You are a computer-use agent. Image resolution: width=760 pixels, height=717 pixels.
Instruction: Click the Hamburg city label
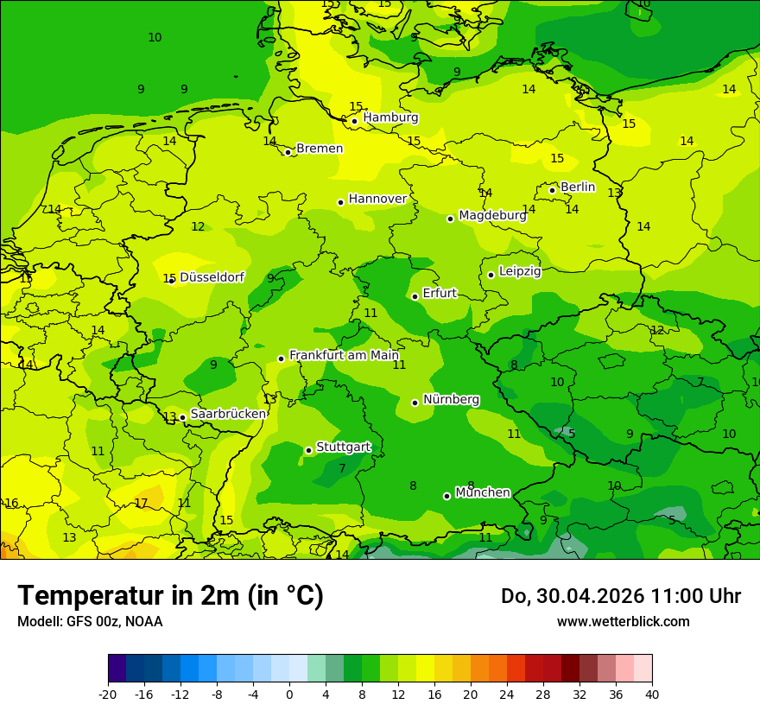click(x=390, y=117)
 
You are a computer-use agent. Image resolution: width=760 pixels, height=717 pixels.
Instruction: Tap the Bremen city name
click(x=320, y=149)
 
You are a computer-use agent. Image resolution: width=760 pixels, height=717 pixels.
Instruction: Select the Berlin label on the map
click(x=578, y=187)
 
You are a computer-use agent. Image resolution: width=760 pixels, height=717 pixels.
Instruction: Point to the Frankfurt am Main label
click(x=344, y=355)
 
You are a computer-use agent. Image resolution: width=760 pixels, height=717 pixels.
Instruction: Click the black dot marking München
click(x=446, y=496)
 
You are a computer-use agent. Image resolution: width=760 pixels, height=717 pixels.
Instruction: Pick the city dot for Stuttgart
click(x=308, y=450)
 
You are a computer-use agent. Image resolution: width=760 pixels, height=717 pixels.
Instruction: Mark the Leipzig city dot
click(x=491, y=275)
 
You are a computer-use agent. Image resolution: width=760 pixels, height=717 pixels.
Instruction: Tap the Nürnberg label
click(x=451, y=400)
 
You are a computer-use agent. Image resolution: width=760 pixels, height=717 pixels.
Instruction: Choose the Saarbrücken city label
click(x=228, y=414)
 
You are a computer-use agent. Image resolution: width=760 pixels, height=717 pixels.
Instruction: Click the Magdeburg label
click(x=492, y=216)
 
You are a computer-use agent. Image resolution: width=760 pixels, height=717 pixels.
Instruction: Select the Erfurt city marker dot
click(x=415, y=296)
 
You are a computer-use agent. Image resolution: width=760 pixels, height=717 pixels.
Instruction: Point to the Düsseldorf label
click(x=212, y=277)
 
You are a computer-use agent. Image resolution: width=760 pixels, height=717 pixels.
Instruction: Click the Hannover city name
click(x=377, y=199)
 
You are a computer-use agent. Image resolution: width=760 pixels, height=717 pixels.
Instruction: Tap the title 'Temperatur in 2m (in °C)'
click(x=170, y=595)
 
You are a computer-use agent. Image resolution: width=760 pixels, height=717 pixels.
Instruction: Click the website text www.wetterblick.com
click(x=623, y=621)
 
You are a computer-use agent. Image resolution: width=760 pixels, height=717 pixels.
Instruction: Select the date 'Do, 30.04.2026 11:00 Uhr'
click(x=620, y=596)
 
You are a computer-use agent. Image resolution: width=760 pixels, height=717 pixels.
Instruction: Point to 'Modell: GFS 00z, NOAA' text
click(x=90, y=621)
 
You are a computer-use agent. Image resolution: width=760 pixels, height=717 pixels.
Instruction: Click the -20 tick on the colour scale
click(x=108, y=694)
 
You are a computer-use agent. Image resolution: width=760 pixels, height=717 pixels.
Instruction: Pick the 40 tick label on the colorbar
click(x=651, y=694)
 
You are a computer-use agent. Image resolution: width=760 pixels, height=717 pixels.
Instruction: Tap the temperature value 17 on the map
click(x=141, y=503)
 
